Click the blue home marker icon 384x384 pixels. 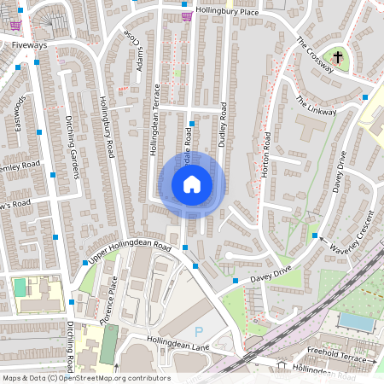191,184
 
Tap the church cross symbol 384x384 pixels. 338,57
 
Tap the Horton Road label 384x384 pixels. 265,154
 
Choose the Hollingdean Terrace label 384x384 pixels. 154,125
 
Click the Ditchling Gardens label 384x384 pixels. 73,147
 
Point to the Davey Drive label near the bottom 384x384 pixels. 271,275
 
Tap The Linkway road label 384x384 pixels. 316,107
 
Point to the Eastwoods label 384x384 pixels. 20,113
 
